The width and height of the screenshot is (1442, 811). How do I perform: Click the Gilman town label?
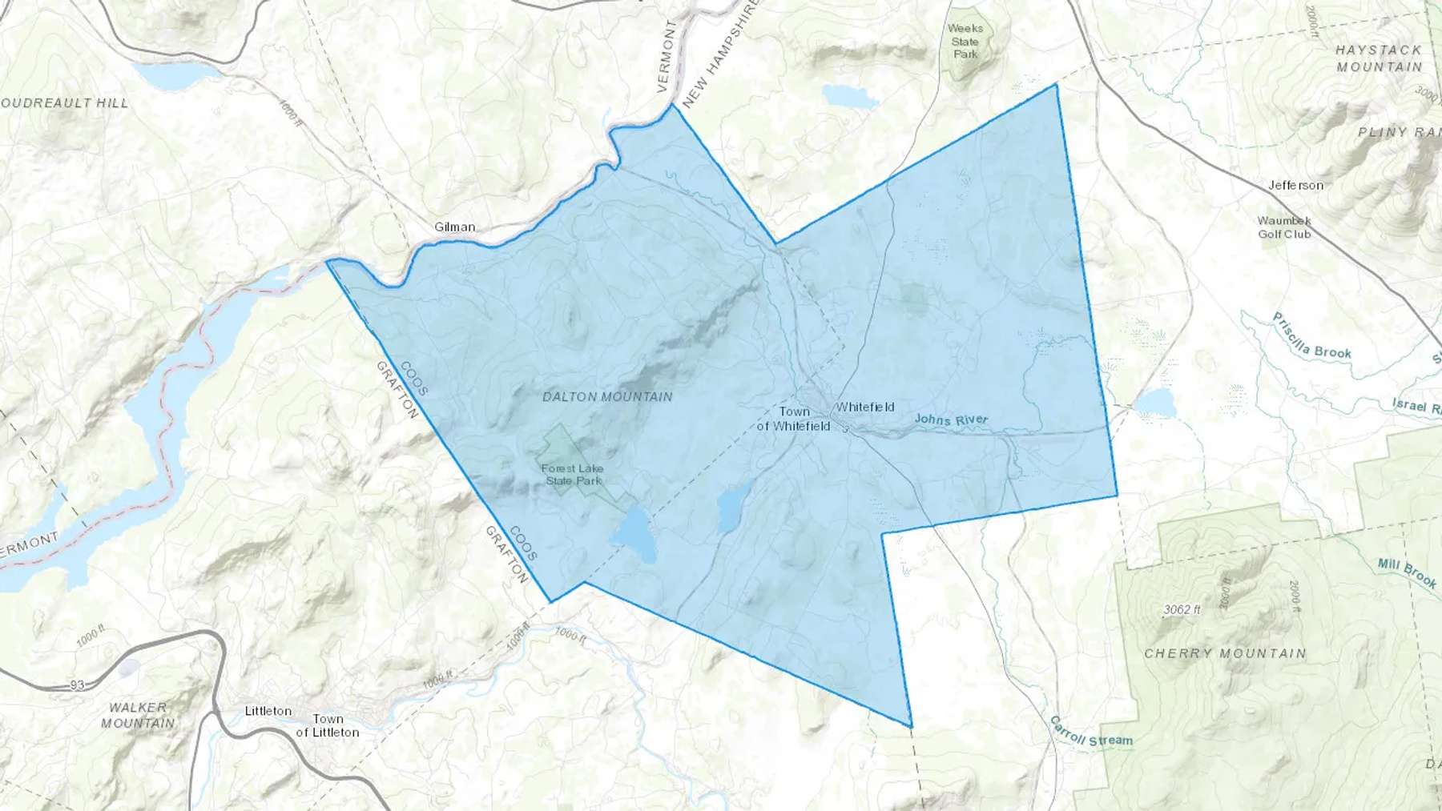pos(454,227)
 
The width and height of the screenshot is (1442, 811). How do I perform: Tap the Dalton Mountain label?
pos(607,397)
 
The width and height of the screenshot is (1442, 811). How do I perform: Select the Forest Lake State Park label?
pos(572,475)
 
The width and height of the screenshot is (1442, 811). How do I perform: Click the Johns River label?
pos(951,420)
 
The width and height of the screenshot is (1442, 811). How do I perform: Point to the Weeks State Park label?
pos(965,41)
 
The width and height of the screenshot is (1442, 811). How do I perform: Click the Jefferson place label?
pos(1295,186)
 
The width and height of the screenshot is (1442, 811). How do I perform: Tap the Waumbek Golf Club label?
pos(1284,227)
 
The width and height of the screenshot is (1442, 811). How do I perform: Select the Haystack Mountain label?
pos(1379,58)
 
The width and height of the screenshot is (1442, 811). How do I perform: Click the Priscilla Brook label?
pos(1311,336)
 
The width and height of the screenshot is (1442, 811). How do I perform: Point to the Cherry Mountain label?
pos(1225,654)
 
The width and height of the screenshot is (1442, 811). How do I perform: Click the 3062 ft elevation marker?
pos(1182,610)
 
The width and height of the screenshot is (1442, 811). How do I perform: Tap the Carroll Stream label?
pos(1091,732)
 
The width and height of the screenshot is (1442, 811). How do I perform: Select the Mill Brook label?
pos(1407,573)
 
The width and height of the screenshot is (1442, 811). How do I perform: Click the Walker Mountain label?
pos(138,716)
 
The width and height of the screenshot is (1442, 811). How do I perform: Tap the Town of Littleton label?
pos(328,726)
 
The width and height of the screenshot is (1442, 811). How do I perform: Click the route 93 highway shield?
pos(77,685)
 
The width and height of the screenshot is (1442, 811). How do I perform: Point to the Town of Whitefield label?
pos(793,420)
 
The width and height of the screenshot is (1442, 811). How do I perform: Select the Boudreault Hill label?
pos(64,103)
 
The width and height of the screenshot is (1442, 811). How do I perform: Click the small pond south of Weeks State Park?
pos(850,97)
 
